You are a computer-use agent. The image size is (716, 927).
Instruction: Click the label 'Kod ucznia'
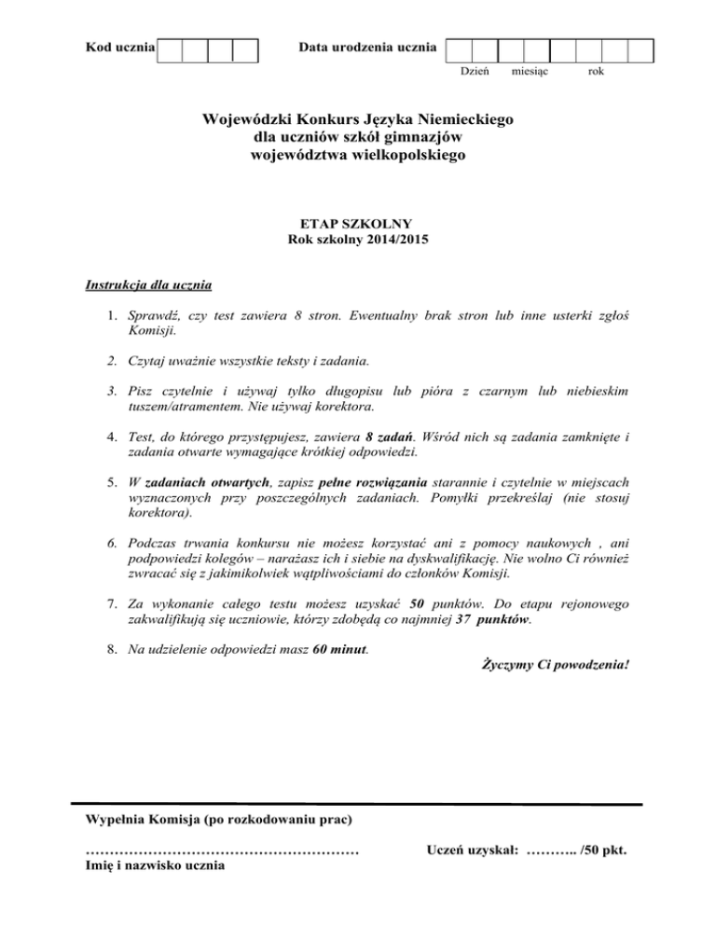click(120, 46)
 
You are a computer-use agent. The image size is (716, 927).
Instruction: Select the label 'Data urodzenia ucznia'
click(366, 46)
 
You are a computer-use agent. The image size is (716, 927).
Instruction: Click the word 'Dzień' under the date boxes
click(475, 71)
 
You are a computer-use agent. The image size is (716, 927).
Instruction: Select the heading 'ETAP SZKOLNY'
click(358, 224)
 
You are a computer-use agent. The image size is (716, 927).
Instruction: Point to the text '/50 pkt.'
click(602, 850)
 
